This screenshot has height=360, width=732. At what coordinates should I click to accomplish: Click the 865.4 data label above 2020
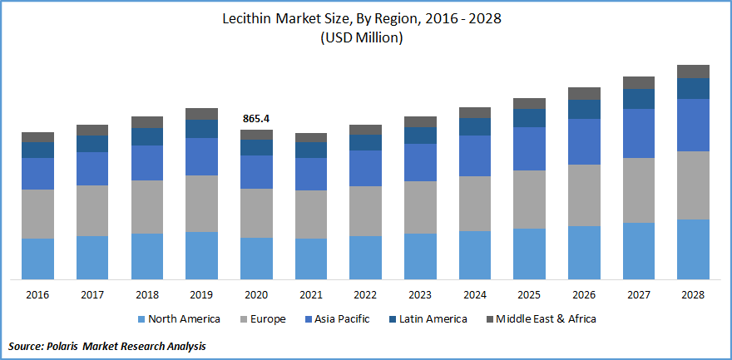[x=256, y=119]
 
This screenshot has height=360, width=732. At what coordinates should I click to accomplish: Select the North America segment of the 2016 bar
[x=37, y=259]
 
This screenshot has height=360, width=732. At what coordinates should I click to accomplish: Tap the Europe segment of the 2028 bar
[x=693, y=185]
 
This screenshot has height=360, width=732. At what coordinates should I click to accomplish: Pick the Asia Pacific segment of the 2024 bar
[x=475, y=155]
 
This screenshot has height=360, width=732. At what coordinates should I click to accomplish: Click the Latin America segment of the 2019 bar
[x=201, y=129]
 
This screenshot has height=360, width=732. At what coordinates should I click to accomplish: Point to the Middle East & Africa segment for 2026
[x=584, y=93]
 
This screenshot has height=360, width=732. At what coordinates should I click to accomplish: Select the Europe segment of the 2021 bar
[x=311, y=215]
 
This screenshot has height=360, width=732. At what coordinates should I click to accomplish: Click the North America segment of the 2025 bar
[x=529, y=254]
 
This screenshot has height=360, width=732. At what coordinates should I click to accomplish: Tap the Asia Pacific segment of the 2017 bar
[x=92, y=169]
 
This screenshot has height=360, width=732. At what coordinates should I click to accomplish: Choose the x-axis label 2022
[x=365, y=294]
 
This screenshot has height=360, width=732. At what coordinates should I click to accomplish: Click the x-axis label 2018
[x=147, y=294]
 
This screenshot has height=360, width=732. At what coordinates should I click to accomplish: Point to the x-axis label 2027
[x=639, y=294]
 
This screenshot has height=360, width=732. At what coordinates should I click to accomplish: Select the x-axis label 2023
[x=420, y=294]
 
